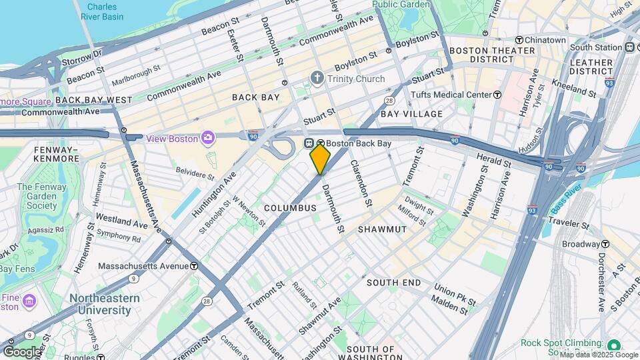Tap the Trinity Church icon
click(x=317, y=78)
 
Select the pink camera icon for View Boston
click(x=208, y=137)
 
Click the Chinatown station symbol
click(x=519, y=40)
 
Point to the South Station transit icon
click(x=629, y=47)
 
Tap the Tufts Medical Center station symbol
click(x=497, y=95)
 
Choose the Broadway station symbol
click(x=605, y=244)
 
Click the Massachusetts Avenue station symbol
click(x=193, y=265)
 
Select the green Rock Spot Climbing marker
click(x=614, y=344)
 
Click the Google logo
click(x=22, y=351)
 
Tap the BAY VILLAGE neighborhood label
click(x=411, y=114)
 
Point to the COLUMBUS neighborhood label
click(x=290, y=208)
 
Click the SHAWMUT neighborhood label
click(x=382, y=229)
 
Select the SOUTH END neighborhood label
click(x=393, y=283)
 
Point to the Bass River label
click(x=568, y=202)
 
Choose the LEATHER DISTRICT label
click(x=591, y=67)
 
